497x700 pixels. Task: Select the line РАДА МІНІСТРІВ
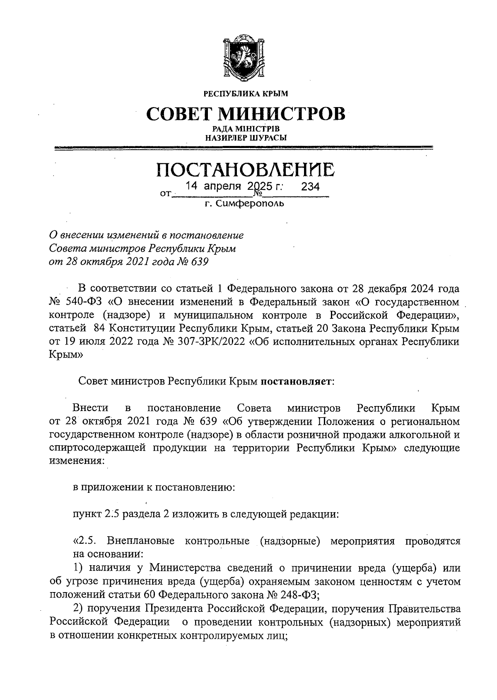point(246,129)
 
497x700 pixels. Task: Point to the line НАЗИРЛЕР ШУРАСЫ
point(246,138)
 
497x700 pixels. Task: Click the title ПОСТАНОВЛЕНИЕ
point(246,170)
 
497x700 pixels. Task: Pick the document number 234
point(310,187)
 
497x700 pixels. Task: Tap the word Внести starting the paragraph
point(91,409)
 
